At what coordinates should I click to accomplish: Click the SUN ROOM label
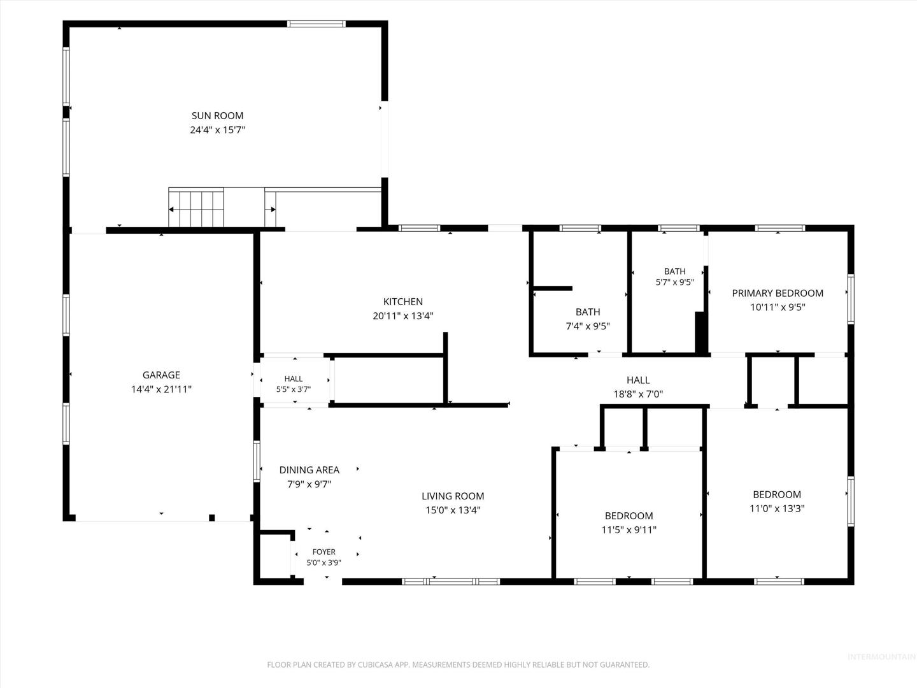[217, 116]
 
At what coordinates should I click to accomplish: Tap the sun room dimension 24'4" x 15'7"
[217, 130]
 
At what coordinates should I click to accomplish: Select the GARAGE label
[161, 375]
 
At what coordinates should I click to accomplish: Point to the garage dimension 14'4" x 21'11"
[161, 389]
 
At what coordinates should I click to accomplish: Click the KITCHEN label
[403, 301]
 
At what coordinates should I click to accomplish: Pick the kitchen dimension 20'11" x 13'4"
[403, 316]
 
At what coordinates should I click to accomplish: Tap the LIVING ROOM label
[453, 496]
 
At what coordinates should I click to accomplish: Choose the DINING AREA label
[309, 470]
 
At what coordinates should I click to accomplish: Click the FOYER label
[323, 552]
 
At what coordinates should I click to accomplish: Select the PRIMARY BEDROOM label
[778, 293]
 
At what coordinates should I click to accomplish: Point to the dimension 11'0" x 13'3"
[777, 508]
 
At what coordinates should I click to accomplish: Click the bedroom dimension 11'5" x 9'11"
[629, 529]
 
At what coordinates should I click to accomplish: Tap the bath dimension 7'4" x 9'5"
[588, 326]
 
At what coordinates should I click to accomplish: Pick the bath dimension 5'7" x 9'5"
[674, 282]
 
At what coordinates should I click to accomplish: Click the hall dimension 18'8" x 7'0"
[638, 394]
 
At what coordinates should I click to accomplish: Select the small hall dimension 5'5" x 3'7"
[294, 389]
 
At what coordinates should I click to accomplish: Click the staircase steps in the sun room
[196, 208]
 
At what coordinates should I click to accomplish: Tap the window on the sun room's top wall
[316, 24]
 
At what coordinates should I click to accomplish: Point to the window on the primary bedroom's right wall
[851, 299]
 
